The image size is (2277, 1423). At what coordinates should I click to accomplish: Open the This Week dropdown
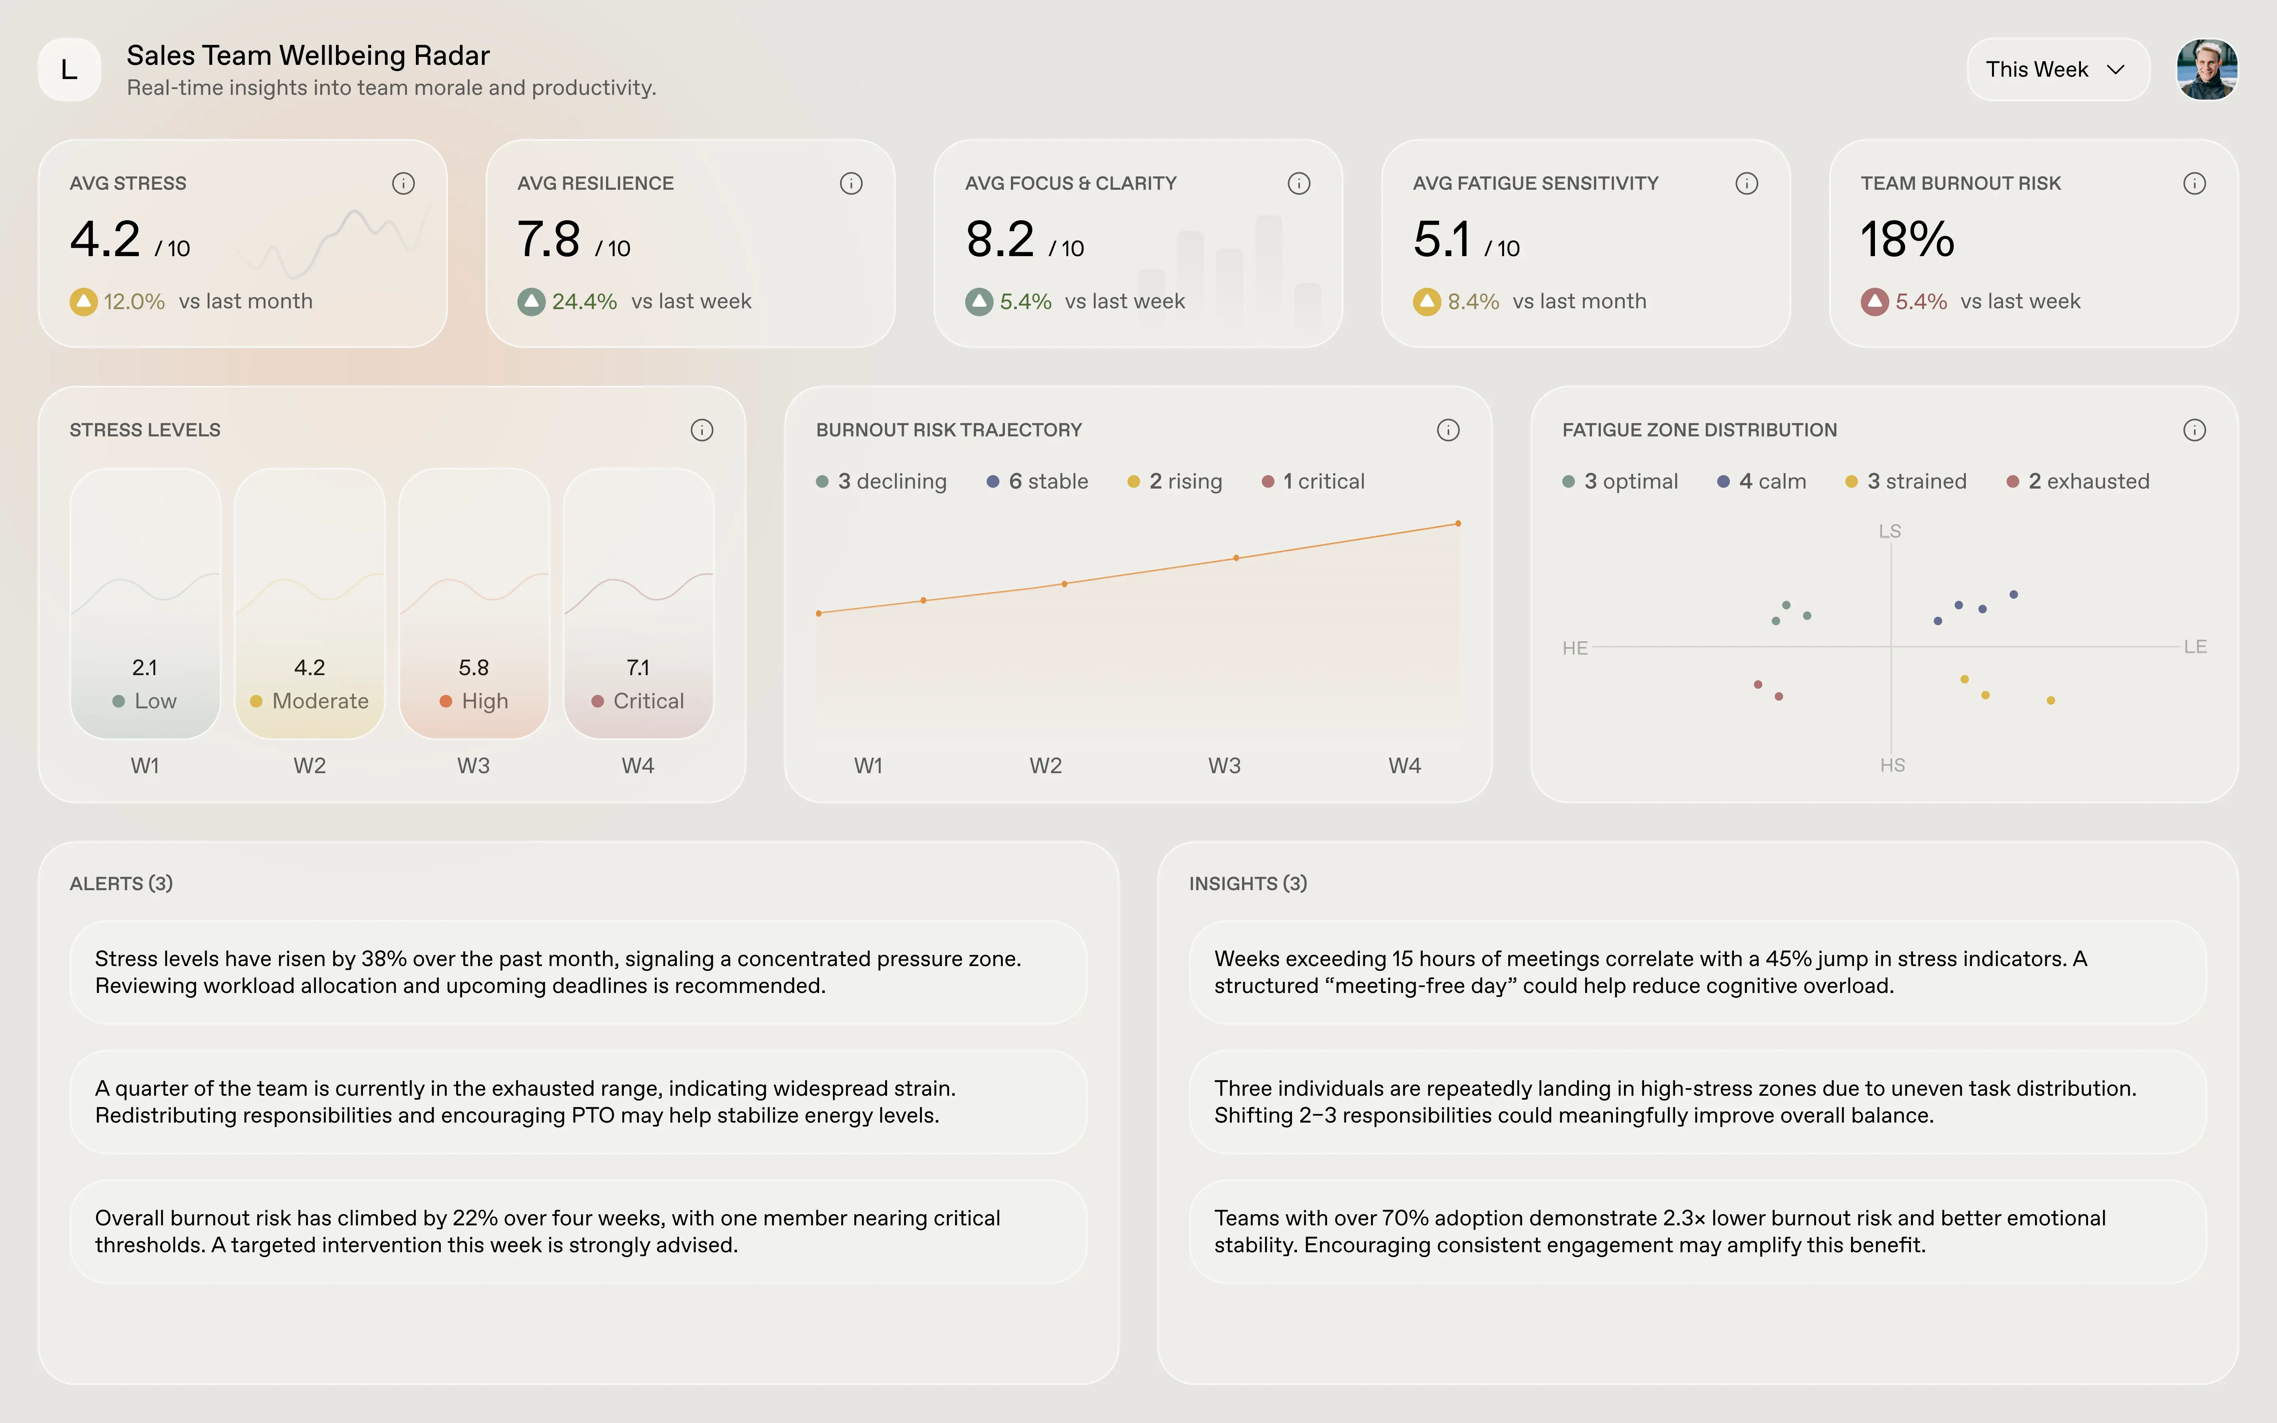(2057, 70)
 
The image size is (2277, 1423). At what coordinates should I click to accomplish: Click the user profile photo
(2206, 70)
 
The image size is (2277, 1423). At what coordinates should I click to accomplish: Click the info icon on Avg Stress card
(403, 183)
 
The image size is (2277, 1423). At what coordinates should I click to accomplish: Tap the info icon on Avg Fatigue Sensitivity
(1746, 183)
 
